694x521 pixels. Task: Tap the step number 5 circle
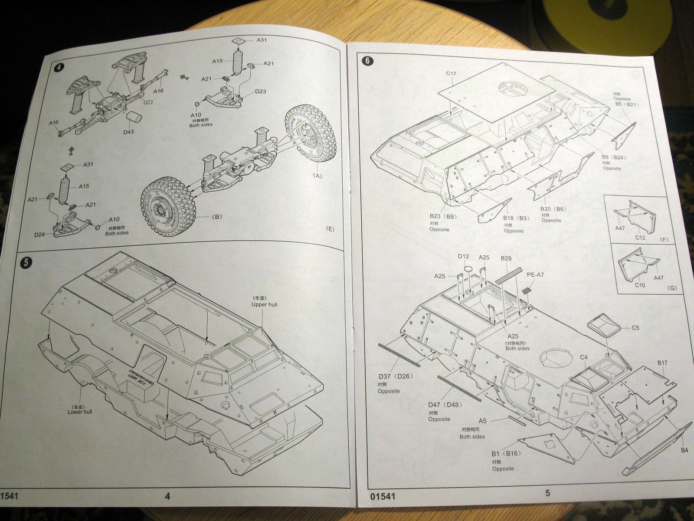[x=26, y=262]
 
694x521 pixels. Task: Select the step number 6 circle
[x=367, y=60]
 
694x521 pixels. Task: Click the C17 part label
[x=451, y=73]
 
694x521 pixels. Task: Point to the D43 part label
[x=128, y=132]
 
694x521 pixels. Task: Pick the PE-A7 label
[x=535, y=274]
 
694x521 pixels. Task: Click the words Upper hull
[x=264, y=304]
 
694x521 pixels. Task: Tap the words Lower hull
[x=80, y=412]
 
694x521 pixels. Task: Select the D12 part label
[x=463, y=256]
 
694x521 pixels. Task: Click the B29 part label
[x=506, y=258]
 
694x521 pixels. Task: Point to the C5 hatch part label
[x=635, y=328]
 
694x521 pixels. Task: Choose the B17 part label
[x=662, y=363]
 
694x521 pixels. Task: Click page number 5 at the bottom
[x=547, y=493]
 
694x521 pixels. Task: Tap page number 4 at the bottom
[x=168, y=496]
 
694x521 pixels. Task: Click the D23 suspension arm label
[x=260, y=91]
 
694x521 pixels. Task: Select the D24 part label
[x=39, y=235]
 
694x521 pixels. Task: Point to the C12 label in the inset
[x=640, y=237]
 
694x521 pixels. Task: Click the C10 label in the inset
[x=640, y=285]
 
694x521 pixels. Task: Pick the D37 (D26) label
[x=396, y=376]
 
